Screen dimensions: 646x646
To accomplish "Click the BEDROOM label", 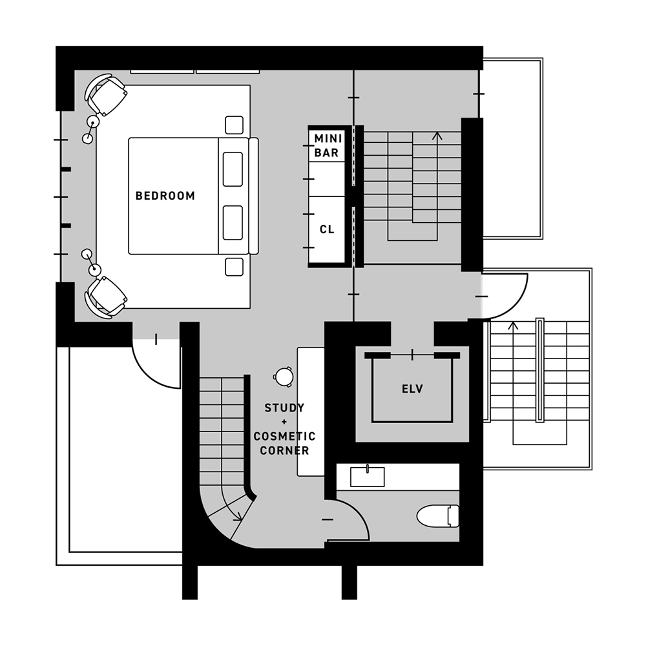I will coord(165,196).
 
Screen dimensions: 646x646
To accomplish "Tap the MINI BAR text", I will coord(328,146).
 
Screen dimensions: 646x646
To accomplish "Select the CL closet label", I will coord(328,229).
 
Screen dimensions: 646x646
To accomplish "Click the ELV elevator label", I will coord(412,389).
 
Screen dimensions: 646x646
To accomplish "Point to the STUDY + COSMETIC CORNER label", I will coord(284,430).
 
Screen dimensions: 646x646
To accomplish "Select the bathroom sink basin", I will coord(367,476).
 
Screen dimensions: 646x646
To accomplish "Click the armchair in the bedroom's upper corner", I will coord(106,94).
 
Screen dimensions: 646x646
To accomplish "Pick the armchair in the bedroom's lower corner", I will coord(106,297).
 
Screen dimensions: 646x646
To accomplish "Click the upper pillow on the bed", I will coord(233,169).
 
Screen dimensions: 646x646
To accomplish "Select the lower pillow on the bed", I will coord(233,223).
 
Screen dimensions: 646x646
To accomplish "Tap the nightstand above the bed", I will coord(234,125).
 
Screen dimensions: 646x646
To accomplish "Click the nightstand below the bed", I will coord(234,266).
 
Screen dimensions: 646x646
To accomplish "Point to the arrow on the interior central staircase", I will coord(437,136).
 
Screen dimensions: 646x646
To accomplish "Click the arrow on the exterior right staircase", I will coord(514,326).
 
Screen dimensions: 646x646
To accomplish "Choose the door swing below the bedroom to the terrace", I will coord(158,368).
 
